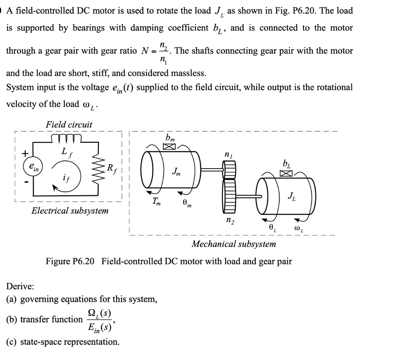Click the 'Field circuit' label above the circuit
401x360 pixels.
(69, 125)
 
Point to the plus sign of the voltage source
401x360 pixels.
(24, 154)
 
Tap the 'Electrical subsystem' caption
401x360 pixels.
(70, 211)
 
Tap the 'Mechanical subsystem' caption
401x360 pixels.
(234, 244)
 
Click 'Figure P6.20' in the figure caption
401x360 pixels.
(70, 261)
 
